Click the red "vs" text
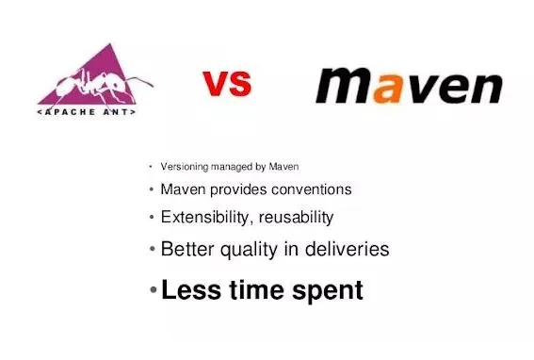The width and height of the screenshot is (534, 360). [228, 84]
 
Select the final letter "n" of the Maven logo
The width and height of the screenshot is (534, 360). [481, 87]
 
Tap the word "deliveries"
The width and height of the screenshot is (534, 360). [343, 250]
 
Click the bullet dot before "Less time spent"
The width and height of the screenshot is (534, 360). [154, 290]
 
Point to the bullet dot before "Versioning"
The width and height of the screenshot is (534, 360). [151, 168]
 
